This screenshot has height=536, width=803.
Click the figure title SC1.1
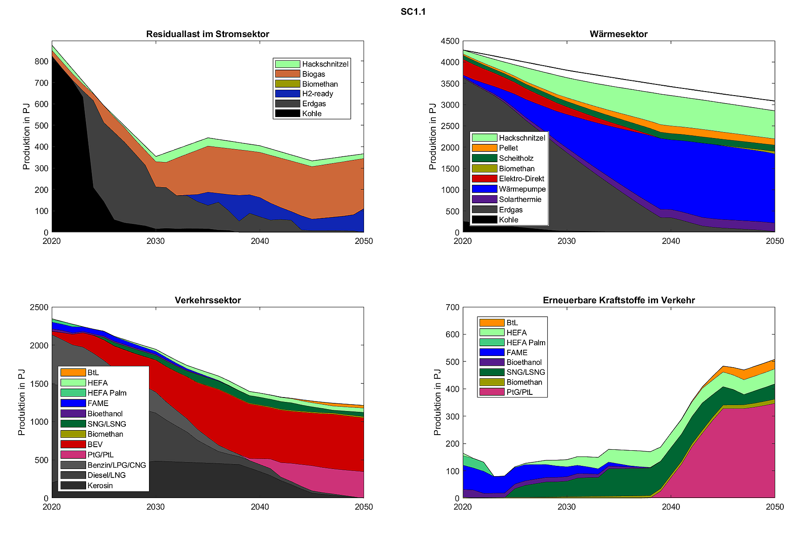[413, 12]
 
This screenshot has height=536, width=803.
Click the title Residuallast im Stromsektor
[207, 34]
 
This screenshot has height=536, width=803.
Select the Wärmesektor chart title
[618, 34]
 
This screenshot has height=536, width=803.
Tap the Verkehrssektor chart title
[207, 300]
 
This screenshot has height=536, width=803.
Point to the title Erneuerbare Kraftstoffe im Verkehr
[618, 300]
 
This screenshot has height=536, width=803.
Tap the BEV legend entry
[95, 444]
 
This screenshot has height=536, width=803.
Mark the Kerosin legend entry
[100, 486]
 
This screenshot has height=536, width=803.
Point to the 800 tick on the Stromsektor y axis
[41, 62]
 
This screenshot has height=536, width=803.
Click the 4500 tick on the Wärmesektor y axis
[450, 41]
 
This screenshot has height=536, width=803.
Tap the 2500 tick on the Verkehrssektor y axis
[39, 307]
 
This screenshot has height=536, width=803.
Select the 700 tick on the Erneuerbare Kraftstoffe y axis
[452, 307]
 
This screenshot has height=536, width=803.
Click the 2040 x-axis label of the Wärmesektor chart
[671, 241]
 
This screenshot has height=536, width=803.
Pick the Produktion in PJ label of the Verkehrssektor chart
[22, 402]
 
